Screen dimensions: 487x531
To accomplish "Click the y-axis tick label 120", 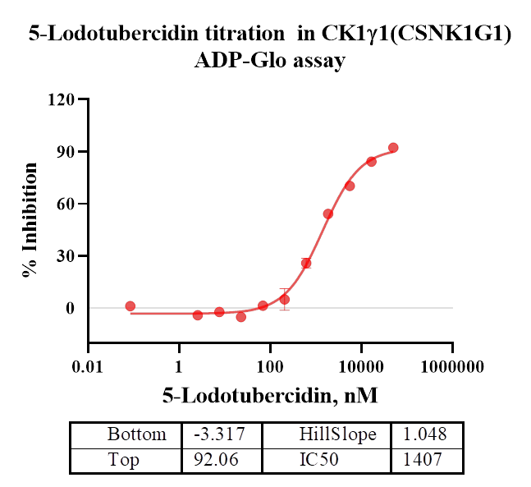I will click(62, 100).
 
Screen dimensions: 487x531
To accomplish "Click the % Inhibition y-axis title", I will click(30, 219).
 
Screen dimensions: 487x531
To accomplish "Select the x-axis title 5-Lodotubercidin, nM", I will click(270, 397).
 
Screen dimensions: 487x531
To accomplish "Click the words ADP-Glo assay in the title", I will click(269, 60).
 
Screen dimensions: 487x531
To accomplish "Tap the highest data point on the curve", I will click(393, 148).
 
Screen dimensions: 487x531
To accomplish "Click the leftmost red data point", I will click(130, 306).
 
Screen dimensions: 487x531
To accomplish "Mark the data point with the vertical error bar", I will click(284, 299).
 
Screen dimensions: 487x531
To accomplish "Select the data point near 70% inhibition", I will click(350, 186).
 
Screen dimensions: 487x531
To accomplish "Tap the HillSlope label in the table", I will click(337, 434).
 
